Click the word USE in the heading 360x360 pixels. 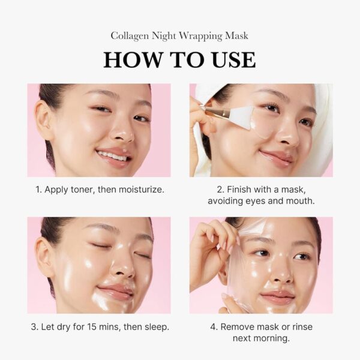point(232,59)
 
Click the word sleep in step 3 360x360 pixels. point(155,327)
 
